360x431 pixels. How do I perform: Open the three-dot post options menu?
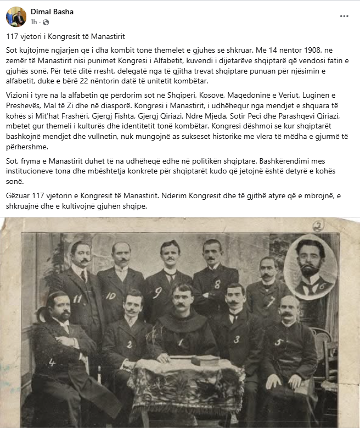[344, 16]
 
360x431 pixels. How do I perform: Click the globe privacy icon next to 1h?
[46, 23]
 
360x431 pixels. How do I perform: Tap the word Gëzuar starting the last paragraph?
[19, 196]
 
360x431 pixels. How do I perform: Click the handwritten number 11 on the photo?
[77, 299]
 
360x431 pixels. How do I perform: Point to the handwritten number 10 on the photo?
[111, 295]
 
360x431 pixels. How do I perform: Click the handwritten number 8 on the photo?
[217, 284]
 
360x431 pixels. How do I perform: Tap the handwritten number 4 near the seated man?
[52, 362]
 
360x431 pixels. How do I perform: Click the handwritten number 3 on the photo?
[236, 339]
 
